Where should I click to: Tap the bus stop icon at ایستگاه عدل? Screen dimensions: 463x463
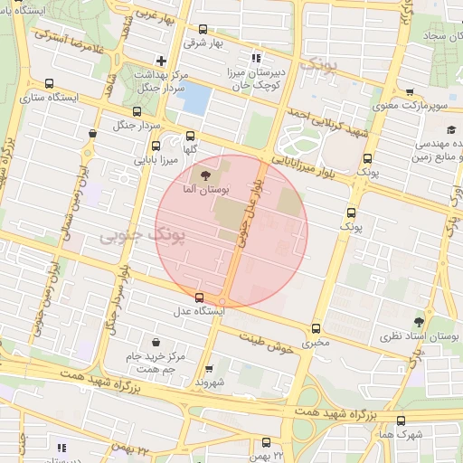click(x=199, y=298)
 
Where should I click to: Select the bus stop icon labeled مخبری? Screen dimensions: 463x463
click(x=316, y=328)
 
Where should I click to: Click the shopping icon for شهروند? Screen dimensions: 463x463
click(x=209, y=368)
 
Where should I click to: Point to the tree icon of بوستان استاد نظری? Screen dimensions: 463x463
click(x=418, y=321)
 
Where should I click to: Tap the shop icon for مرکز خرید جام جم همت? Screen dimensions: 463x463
click(x=157, y=342)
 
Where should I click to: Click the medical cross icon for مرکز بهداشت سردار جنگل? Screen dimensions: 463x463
click(x=161, y=60)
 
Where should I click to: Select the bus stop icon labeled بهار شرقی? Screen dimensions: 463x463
click(x=202, y=28)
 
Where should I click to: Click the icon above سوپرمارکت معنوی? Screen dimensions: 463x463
click(x=410, y=91)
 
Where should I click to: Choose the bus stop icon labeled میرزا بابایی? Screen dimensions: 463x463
click(x=156, y=145)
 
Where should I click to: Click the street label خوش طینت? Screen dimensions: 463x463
click(x=269, y=344)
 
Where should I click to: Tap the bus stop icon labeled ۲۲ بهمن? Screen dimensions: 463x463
click(x=266, y=442)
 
